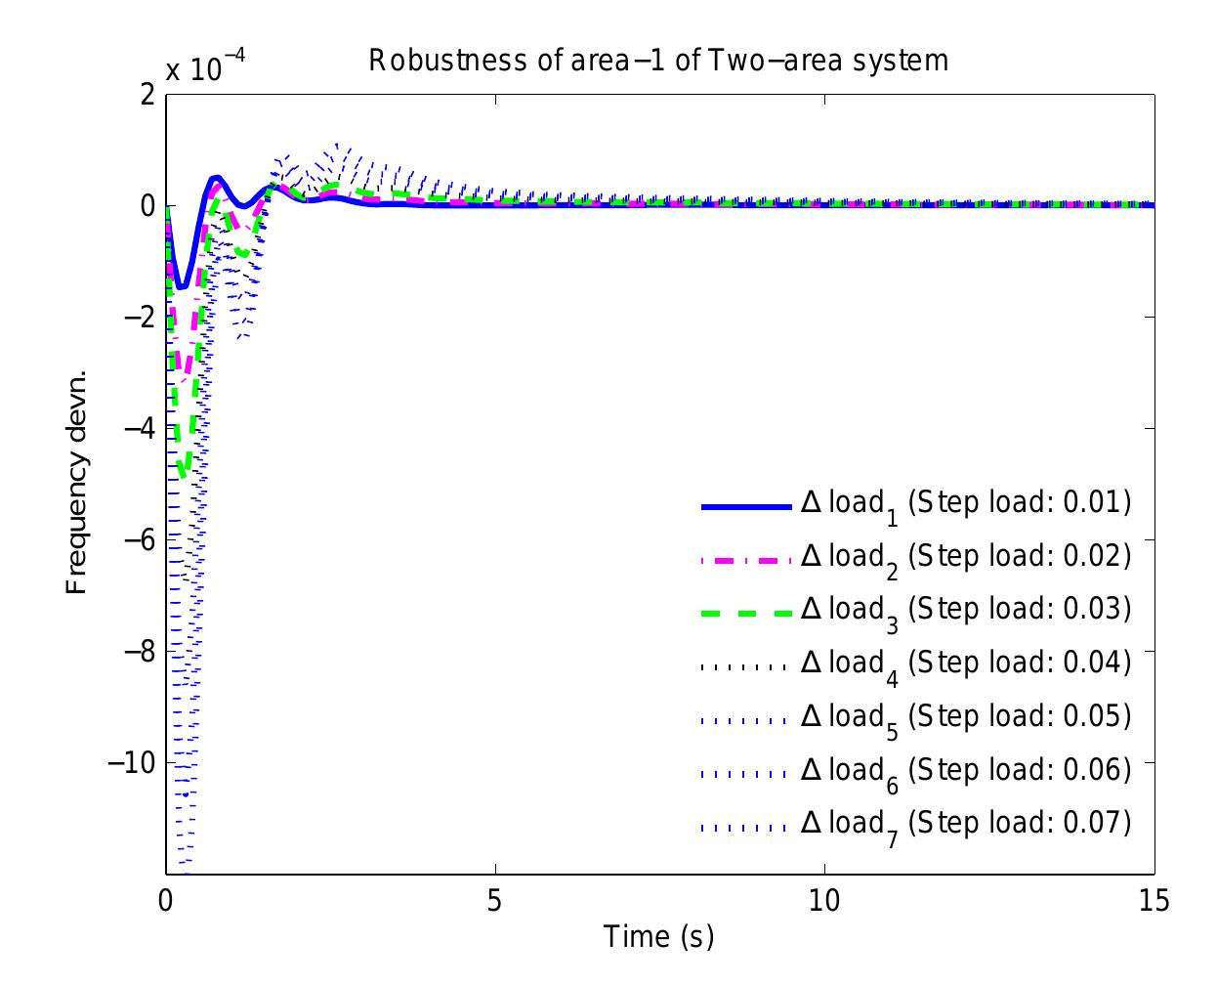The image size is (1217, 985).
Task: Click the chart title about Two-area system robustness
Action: (x=658, y=61)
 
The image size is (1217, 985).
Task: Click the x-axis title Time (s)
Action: (x=659, y=936)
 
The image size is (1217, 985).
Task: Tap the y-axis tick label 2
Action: (x=147, y=96)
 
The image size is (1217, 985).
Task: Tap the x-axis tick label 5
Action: (x=495, y=900)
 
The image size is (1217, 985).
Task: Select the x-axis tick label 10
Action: (x=824, y=900)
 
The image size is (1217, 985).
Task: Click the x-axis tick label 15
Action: (x=1154, y=900)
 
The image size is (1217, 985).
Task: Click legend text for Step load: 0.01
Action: (x=965, y=504)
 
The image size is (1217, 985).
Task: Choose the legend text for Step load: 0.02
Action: (x=965, y=557)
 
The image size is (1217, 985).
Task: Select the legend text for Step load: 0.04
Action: (x=965, y=664)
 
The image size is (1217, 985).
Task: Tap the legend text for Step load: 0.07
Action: (x=965, y=824)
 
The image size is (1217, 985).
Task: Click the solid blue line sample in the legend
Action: (x=745, y=506)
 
